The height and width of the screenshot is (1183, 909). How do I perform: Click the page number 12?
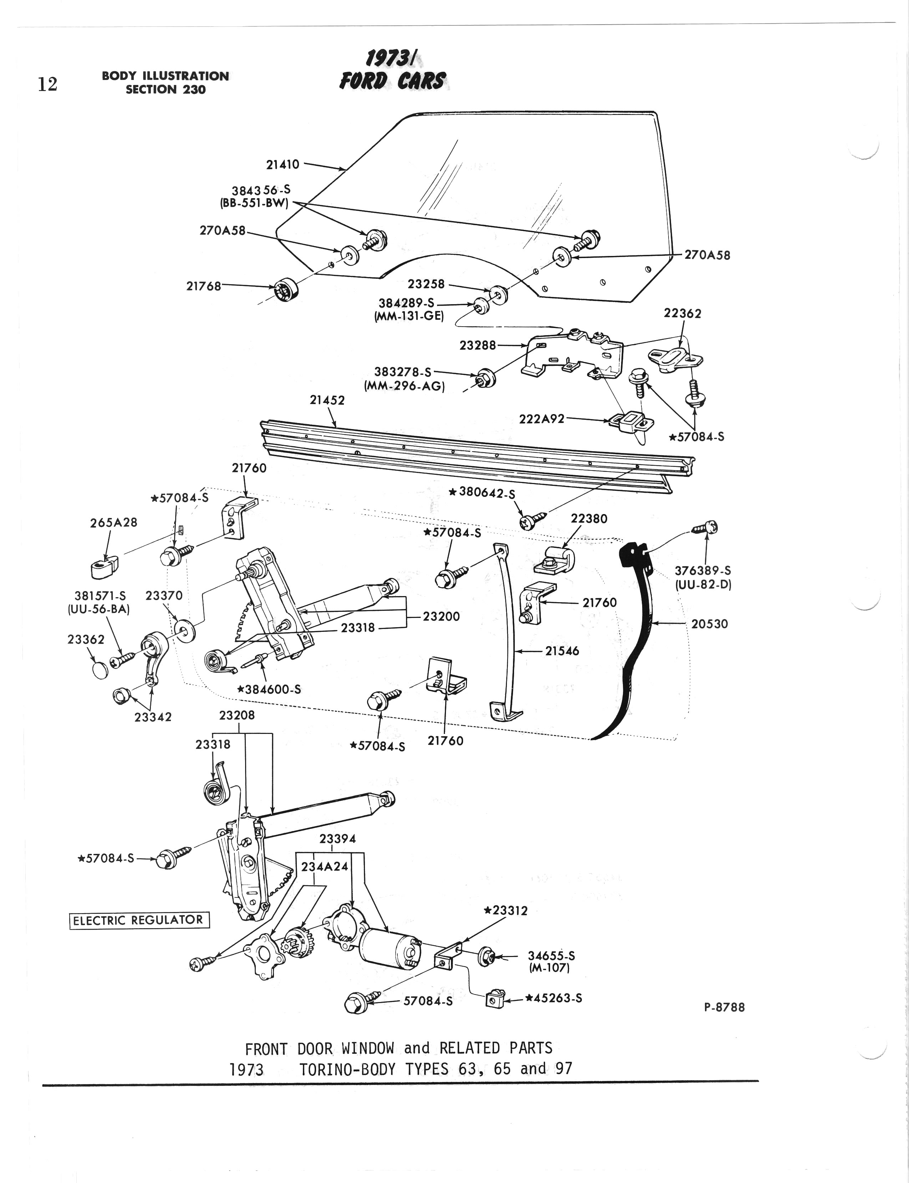pos(47,84)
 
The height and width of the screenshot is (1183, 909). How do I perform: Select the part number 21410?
pos(283,164)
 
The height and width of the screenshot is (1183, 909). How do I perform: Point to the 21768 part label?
pos(203,286)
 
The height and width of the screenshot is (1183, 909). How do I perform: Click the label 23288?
pos(477,345)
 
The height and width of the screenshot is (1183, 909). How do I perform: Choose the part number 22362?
pos(682,313)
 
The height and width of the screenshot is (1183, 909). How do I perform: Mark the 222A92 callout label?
pos(542,418)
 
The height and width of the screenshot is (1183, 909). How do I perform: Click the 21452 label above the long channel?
pos(327,400)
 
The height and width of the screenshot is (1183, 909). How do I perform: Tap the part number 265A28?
pos(113,523)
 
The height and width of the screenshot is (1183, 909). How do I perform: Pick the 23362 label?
pos(86,639)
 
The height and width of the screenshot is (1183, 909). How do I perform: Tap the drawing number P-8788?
pos(725,1007)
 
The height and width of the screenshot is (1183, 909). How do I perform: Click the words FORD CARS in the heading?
pos(392,81)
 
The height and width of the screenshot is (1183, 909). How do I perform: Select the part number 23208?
pos(237,715)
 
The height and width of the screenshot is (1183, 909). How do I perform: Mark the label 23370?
pos(164,595)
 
